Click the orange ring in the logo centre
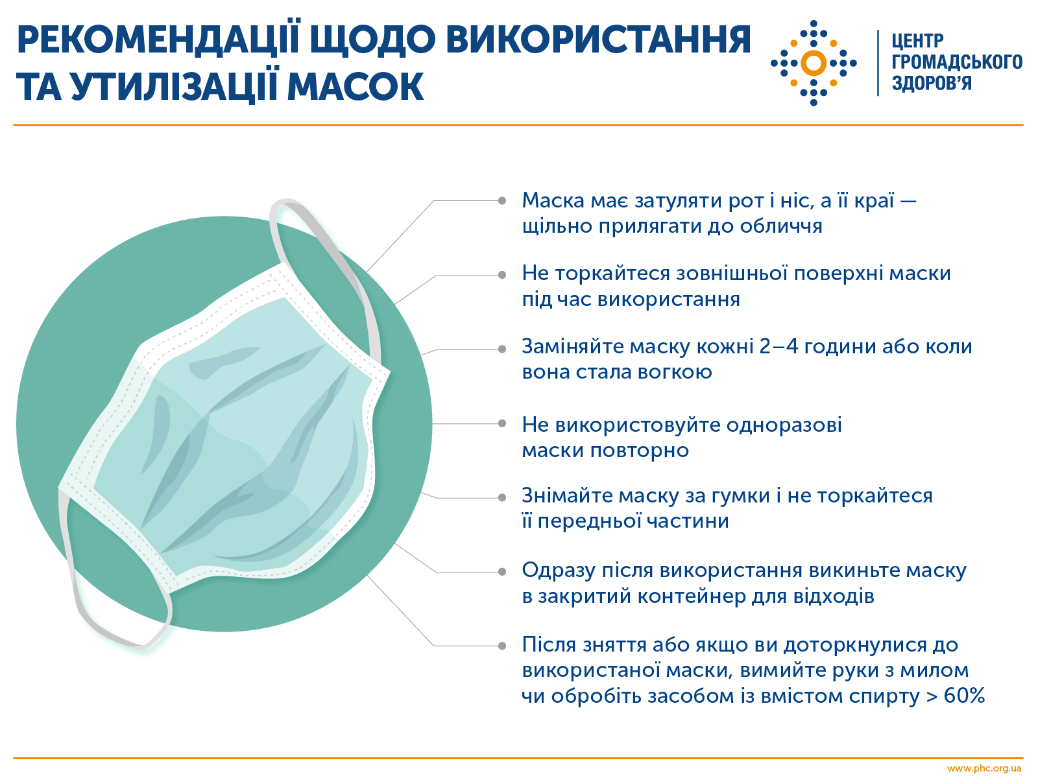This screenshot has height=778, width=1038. (x=814, y=63)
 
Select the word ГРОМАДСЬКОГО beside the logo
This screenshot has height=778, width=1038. (x=956, y=62)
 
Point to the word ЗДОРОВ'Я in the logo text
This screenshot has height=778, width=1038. (x=932, y=84)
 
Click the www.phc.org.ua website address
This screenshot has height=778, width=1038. (x=984, y=769)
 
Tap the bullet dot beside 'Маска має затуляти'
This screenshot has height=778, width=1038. (x=502, y=201)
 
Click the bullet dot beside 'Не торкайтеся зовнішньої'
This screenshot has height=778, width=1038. (x=502, y=275)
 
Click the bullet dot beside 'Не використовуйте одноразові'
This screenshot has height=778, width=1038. (x=502, y=423)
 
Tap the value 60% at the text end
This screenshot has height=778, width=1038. (x=964, y=696)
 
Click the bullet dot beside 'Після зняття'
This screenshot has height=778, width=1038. (x=502, y=646)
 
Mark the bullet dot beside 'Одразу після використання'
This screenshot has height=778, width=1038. (x=502, y=572)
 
